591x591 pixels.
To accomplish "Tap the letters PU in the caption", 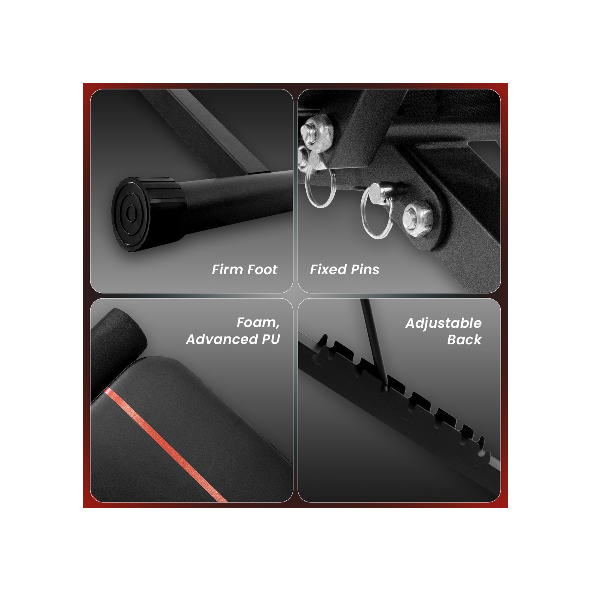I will coord(270,339).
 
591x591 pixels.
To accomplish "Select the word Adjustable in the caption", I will coord(443,323).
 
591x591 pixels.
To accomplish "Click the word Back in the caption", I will coord(464,340).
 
